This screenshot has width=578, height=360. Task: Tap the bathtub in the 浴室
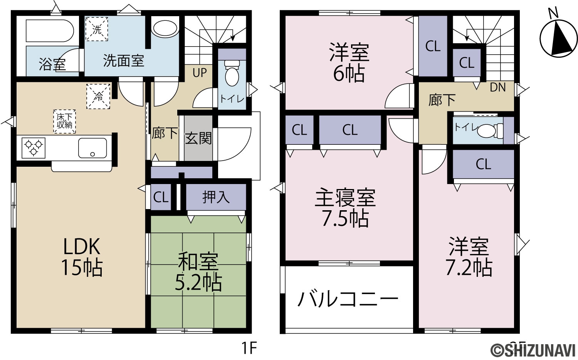pyautogui.click(x=50, y=31)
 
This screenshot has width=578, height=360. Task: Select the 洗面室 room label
pyautogui.click(x=123, y=61)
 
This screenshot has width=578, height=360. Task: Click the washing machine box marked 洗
pyautogui.click(x=96, y=29)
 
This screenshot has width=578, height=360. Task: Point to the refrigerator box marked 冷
pyautogui.click(x=98, y=96)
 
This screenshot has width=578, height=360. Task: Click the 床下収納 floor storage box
pyautogui.click(x=64, y=121)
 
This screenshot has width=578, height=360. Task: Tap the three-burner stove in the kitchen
pyautogui.click(x=34, y=148)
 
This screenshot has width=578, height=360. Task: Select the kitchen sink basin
pyautogui.click(x=92, y=148)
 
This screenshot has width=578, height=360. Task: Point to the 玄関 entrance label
pyautogui.click(x=198, y=139)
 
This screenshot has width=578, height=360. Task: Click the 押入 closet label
pyautogui.click(x=216, y=197)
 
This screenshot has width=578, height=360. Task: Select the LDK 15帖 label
pyautogui.click(x=82, y=257)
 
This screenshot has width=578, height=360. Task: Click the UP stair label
pyautogui.click(x=200, y=73)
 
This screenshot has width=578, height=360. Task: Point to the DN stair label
pyautogui.click(x=498, y=88)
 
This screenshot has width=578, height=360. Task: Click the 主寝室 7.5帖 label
pyautogui.click(x=345, y=208)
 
